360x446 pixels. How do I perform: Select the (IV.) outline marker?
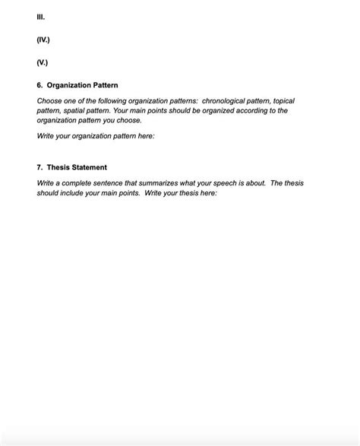[x=44, y=37]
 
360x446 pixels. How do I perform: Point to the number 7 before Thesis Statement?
[x=39, y=166]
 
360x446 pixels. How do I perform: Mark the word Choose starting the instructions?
[x=50, y=100]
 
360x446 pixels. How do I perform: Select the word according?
[x=245, y=110]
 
